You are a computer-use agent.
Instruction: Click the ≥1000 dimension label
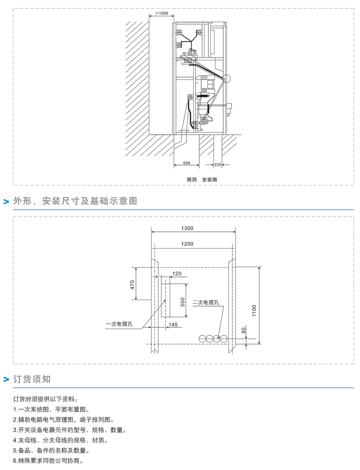pos(162,13)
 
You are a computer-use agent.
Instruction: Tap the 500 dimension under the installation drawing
pos(186,163)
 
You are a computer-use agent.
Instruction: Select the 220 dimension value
pos(218,165)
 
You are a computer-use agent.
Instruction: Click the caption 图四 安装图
pos(202,179)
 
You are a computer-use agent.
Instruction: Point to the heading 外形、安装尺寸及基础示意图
pos(75,201)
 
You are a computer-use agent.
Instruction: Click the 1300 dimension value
pos(187,229)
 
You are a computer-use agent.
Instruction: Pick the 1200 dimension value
pos(187,244)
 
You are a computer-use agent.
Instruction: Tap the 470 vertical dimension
pos(132,285)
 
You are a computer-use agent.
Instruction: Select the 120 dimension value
pos(177,273)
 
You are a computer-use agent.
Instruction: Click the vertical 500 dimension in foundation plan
pos(183,302)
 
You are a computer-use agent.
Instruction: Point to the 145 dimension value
pos(173,325)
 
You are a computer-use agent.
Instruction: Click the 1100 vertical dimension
pos(254,311)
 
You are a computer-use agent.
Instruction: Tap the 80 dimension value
pos(244,330)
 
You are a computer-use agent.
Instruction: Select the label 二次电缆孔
pos(206,303)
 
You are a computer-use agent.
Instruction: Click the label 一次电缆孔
pos(119,324)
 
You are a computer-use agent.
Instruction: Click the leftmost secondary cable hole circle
pos(203,339)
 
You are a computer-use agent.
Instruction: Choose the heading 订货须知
pos(32,379)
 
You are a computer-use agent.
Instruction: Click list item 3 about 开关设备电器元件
pos(70,430)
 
